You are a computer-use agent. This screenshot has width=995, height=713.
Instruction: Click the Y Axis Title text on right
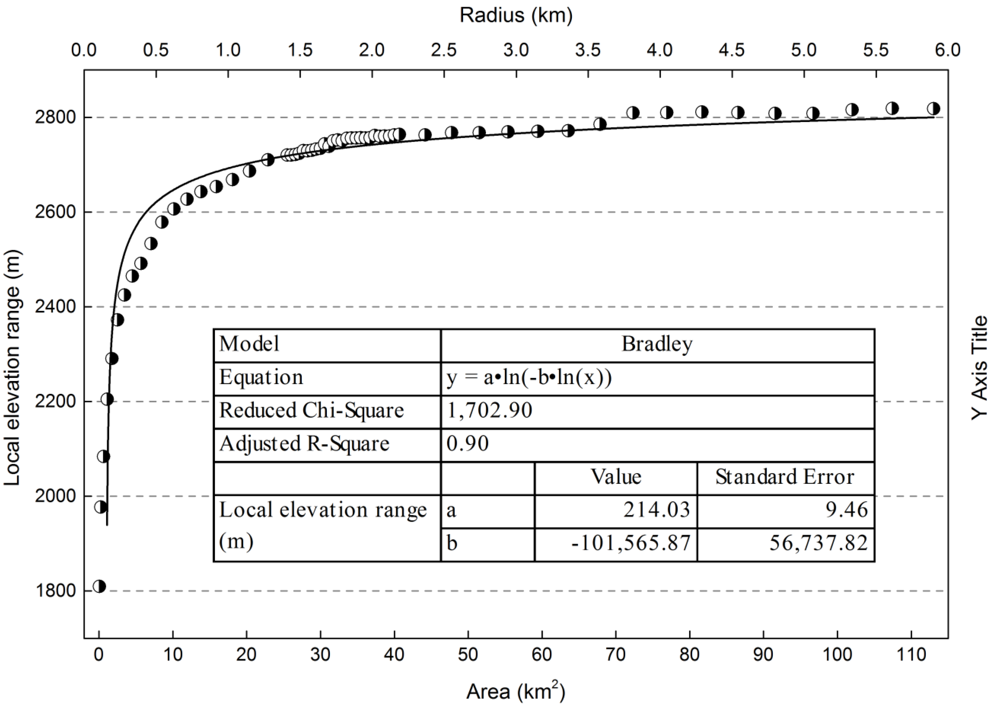click(x=979, y=368)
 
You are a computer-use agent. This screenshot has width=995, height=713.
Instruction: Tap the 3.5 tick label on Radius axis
click(x=588, y=50)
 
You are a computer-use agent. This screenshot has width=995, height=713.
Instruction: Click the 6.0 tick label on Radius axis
click(x=947, y=50)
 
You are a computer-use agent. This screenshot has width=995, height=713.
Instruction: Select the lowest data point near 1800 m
click(x=100, y=586)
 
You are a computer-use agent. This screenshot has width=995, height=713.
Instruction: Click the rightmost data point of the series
click(x=934, y=108)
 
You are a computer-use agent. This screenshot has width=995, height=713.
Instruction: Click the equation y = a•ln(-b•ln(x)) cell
click(x=529, y=377)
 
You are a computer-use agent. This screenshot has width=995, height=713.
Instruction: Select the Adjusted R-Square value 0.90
click(x=468, y=444)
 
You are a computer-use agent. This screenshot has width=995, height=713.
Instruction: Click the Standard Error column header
click(x=785, y=477)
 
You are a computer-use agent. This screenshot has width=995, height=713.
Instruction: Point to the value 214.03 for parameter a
click(x=656, y=510)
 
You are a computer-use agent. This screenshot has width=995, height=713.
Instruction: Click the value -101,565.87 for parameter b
click(x=631, y=543)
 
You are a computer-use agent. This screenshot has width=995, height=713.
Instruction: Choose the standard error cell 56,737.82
click(x=818, y=543)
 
